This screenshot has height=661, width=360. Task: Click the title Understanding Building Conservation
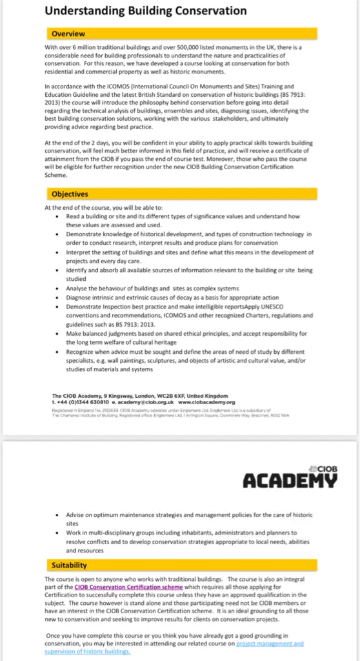(145, 10)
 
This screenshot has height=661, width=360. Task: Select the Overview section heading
(68, 34)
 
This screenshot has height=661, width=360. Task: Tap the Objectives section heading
(70, 194)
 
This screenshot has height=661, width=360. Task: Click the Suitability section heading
(69, 565)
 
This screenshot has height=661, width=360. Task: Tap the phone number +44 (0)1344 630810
(75, 402)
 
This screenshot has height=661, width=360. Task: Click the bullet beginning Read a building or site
(181, 221)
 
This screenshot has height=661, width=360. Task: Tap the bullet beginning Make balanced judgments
(187, 338)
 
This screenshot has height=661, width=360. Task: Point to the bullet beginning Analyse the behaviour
(152, 288)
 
